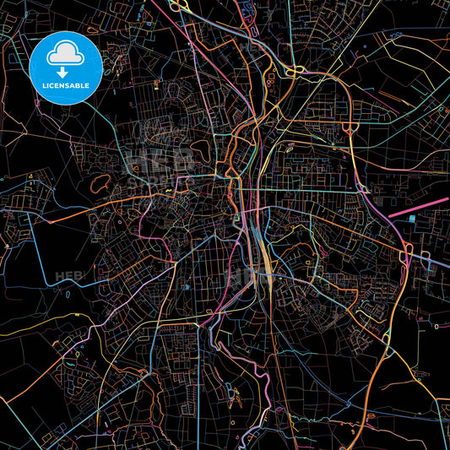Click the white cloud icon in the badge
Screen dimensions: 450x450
[65, 55]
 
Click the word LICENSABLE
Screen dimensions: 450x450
[65, 84]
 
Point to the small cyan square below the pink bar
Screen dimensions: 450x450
[410, 218]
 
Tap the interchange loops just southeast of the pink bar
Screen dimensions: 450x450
[405, 253]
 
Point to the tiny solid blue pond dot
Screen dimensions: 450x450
[186, 287]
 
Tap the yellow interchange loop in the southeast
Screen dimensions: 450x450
[386, 338]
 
